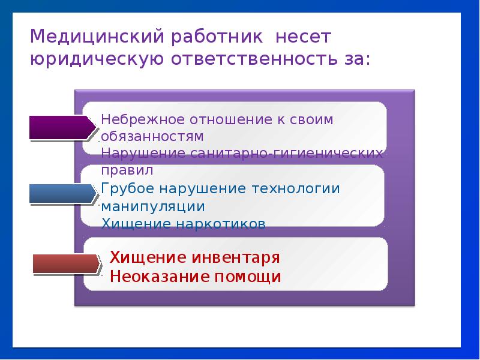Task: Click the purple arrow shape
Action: tap(62, 127)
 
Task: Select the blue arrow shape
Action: tap(62, 194)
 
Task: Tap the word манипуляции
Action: tap(153, 206)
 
